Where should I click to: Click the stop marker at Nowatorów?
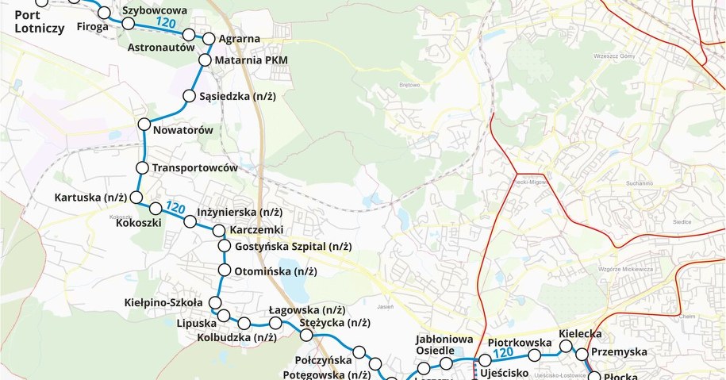144,124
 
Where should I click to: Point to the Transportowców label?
195,168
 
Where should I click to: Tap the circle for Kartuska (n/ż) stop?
136,197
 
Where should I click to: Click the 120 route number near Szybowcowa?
166,23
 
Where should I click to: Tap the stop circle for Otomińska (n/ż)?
224,271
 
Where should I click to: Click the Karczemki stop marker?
218,230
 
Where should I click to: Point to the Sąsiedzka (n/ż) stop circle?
190,97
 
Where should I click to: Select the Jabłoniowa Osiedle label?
435,345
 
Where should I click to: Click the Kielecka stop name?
579,334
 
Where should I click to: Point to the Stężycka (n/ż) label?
335,323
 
